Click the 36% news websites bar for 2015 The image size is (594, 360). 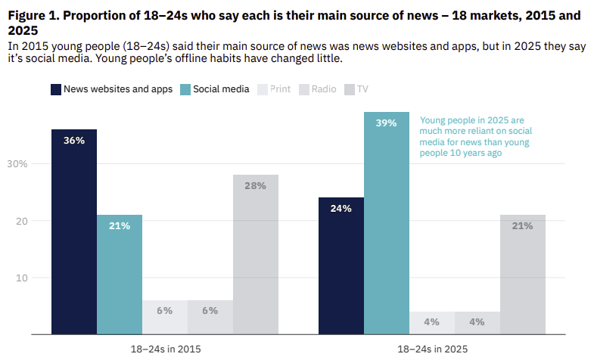pos(73,231)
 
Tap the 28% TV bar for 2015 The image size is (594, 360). pos(255,254)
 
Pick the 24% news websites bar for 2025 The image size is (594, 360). pos(341,265)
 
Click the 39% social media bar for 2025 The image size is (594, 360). pos(386,222)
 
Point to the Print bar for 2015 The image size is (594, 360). pos(164,317)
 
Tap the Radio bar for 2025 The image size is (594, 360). pos(477,322)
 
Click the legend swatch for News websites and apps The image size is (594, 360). pos(55,89)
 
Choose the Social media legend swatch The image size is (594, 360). pos(185,89)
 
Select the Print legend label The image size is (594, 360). pos(280,89)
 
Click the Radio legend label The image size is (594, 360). pos(323,89)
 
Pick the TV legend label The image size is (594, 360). pos(362,89)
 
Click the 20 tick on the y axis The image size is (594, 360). pos(22,221)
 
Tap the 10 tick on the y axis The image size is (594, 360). pos(22,278)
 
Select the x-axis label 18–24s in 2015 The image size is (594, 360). pos(164,349)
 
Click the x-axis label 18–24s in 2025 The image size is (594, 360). pos(431,349)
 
